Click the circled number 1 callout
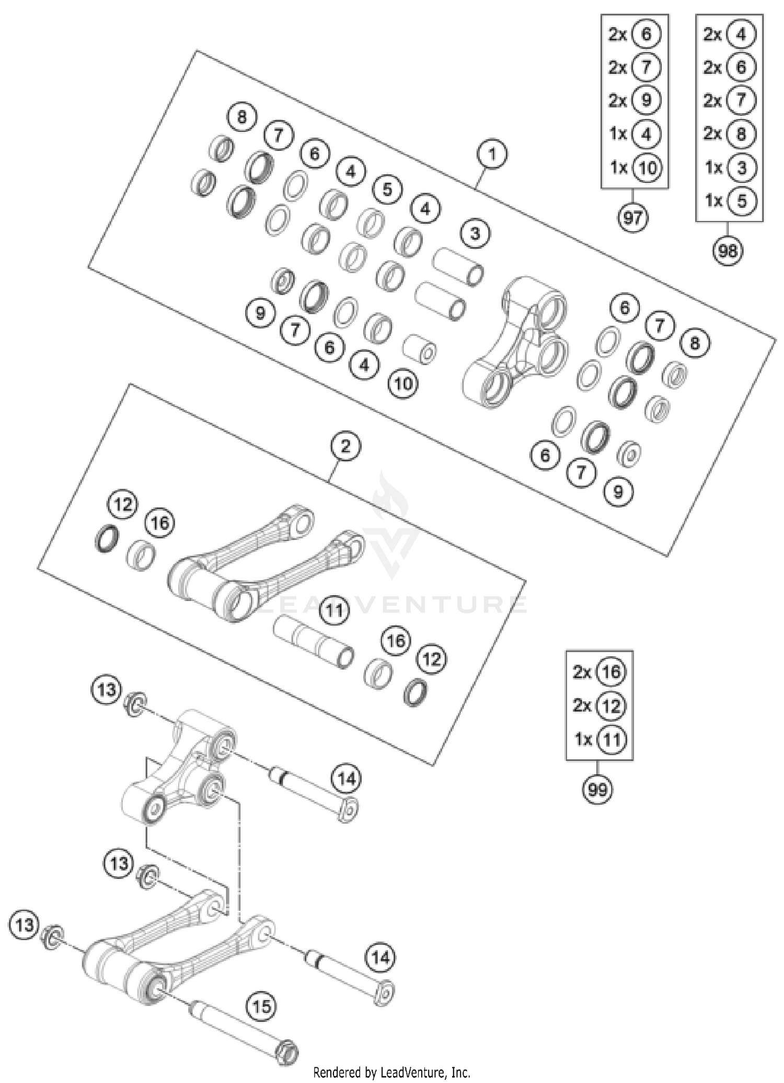click(491, 154)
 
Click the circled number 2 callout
click(345, 446)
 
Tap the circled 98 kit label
click(728, 251)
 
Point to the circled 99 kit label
click(597, 789)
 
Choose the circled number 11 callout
click(334, 610)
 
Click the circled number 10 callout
click(403, 384)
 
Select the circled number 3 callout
click(475, 233)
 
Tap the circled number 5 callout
click(387, 189)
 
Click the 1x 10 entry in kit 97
click(635, 168)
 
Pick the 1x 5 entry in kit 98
click(729, 201)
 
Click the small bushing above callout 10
click(420, 348)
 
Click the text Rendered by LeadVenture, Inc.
click(391, 1072)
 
